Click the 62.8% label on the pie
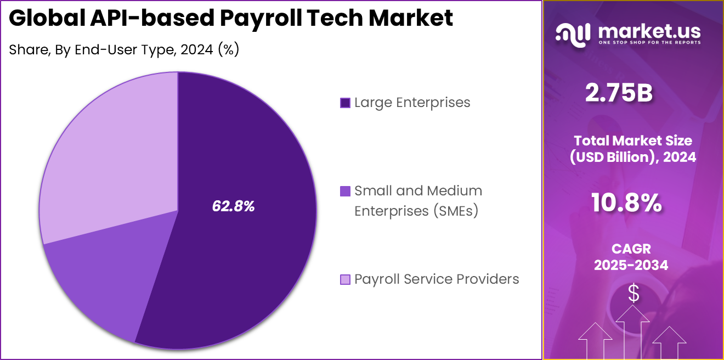pyautogui.click(x=233, y=206)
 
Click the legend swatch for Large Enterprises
pyautogui.click(x=345, y=103)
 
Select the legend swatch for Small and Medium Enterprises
pyautogui.click(x=345, y=191)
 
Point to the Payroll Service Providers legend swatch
pyautogui.click(x=345, y=279)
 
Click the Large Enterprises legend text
pyautogui.click(x=412, y=102)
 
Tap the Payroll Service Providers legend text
pyautogui.click(x=436, y=279)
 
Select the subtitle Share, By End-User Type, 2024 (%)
pyautogui.click(x=124, y=49)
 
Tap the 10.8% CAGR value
pyautogui.click(x=626, y=204)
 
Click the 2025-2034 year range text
pyautogui.click(x=631, y=266)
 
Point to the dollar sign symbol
pyautogui.click(x=633, y=294)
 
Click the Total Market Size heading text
pyautogui.click(x=633, y=140)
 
